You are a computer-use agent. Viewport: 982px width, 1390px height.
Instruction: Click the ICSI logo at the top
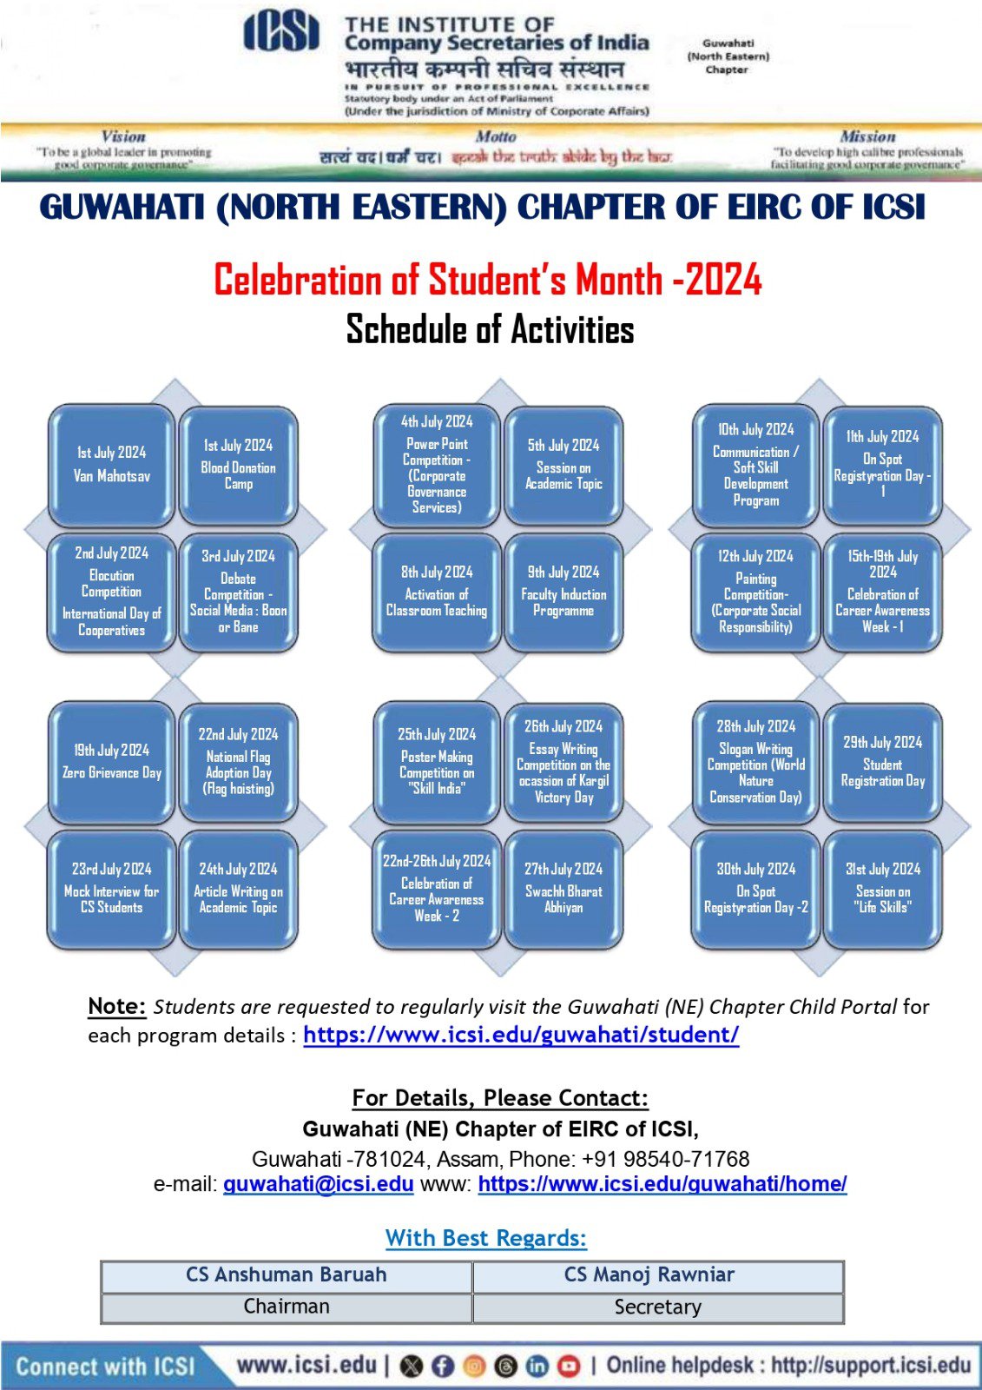[x=281, y=35]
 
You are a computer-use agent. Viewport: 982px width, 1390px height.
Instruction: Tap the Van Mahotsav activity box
[x=112, y=466]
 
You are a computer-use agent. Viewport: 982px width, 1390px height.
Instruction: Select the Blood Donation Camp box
[x=239, y=466]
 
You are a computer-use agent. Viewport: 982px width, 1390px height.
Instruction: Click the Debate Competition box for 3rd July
[x=239, y=592]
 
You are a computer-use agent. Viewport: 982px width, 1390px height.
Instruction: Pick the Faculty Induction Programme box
[x=563, y=592]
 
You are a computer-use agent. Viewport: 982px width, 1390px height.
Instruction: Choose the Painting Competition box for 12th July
[x=755, y=592]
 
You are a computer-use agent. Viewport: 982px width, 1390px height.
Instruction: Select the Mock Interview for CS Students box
[x=112, y=889]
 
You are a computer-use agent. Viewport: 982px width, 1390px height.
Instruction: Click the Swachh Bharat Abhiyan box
[x=563, y=889]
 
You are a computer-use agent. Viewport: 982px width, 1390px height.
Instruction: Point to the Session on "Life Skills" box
[x=882, y=889]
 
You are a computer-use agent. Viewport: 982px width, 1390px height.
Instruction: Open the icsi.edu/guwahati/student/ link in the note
[x=521, y=1035]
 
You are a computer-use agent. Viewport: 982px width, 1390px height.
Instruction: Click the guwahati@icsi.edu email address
[x=318, y=1184]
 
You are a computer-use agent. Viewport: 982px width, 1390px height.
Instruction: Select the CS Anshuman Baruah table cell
[x=287, y=1275]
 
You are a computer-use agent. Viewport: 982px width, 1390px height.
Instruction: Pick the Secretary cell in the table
[x=657, y=1307]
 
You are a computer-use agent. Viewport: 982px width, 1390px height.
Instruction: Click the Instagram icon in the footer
[x=474, y=1367]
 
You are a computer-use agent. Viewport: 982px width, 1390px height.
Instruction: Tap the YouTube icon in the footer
[x=569, y=1367]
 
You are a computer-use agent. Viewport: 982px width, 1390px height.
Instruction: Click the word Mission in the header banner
[x=867, y=136]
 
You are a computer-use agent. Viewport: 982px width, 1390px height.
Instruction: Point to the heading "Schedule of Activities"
[x=491, y=330]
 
